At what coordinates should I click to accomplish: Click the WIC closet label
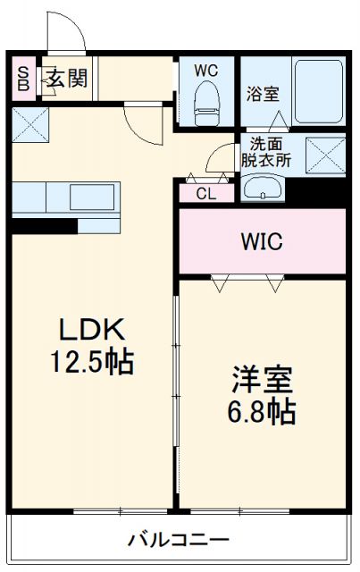point(261,241)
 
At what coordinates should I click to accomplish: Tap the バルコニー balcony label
point(178,540)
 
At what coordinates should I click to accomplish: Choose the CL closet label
point(205,193)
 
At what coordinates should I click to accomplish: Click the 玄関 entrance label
point(67,79)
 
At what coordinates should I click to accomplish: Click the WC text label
point(206,70)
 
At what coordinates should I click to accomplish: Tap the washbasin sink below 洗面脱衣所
point(262,188)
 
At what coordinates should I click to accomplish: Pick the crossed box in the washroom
point(325,155)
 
